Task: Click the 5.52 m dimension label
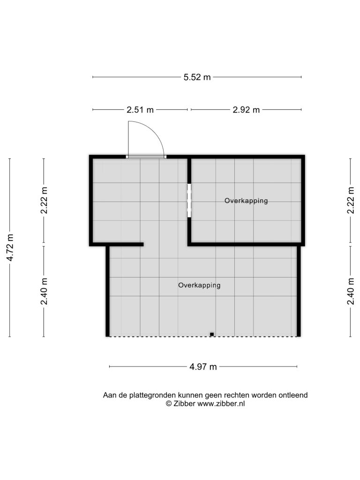[197, 77]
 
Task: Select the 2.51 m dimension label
[140, 110]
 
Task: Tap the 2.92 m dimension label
[246, 110]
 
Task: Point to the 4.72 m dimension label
[10, 247]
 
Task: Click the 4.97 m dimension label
[203, 367]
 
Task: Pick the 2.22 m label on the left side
[45, 200]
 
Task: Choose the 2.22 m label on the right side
[351, 200]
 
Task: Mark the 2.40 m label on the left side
[45, 292]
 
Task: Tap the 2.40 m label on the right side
[351, 292]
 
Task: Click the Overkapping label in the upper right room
[246, 201]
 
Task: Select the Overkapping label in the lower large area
[199, 285]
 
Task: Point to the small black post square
[211, 334]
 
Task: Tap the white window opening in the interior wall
[189, 200]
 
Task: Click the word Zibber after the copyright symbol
[184, 404]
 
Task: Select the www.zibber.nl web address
[221, 404]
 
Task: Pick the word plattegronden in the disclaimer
[152, 395]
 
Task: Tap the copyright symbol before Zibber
[169, 404]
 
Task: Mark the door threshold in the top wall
[146, 157]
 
